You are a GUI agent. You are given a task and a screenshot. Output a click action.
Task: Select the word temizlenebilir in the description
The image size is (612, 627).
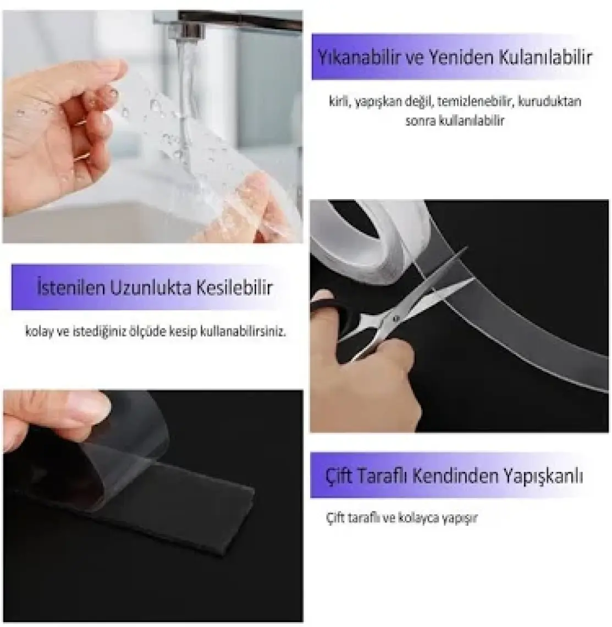(x=475, y=102)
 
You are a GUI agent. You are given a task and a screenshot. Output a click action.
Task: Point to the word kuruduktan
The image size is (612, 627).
(x=550, y=102)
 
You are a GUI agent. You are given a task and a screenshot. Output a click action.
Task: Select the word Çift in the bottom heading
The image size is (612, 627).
(x=339, y=476)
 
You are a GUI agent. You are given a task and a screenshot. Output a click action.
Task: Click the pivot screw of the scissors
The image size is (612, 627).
(x=396, y=318)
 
